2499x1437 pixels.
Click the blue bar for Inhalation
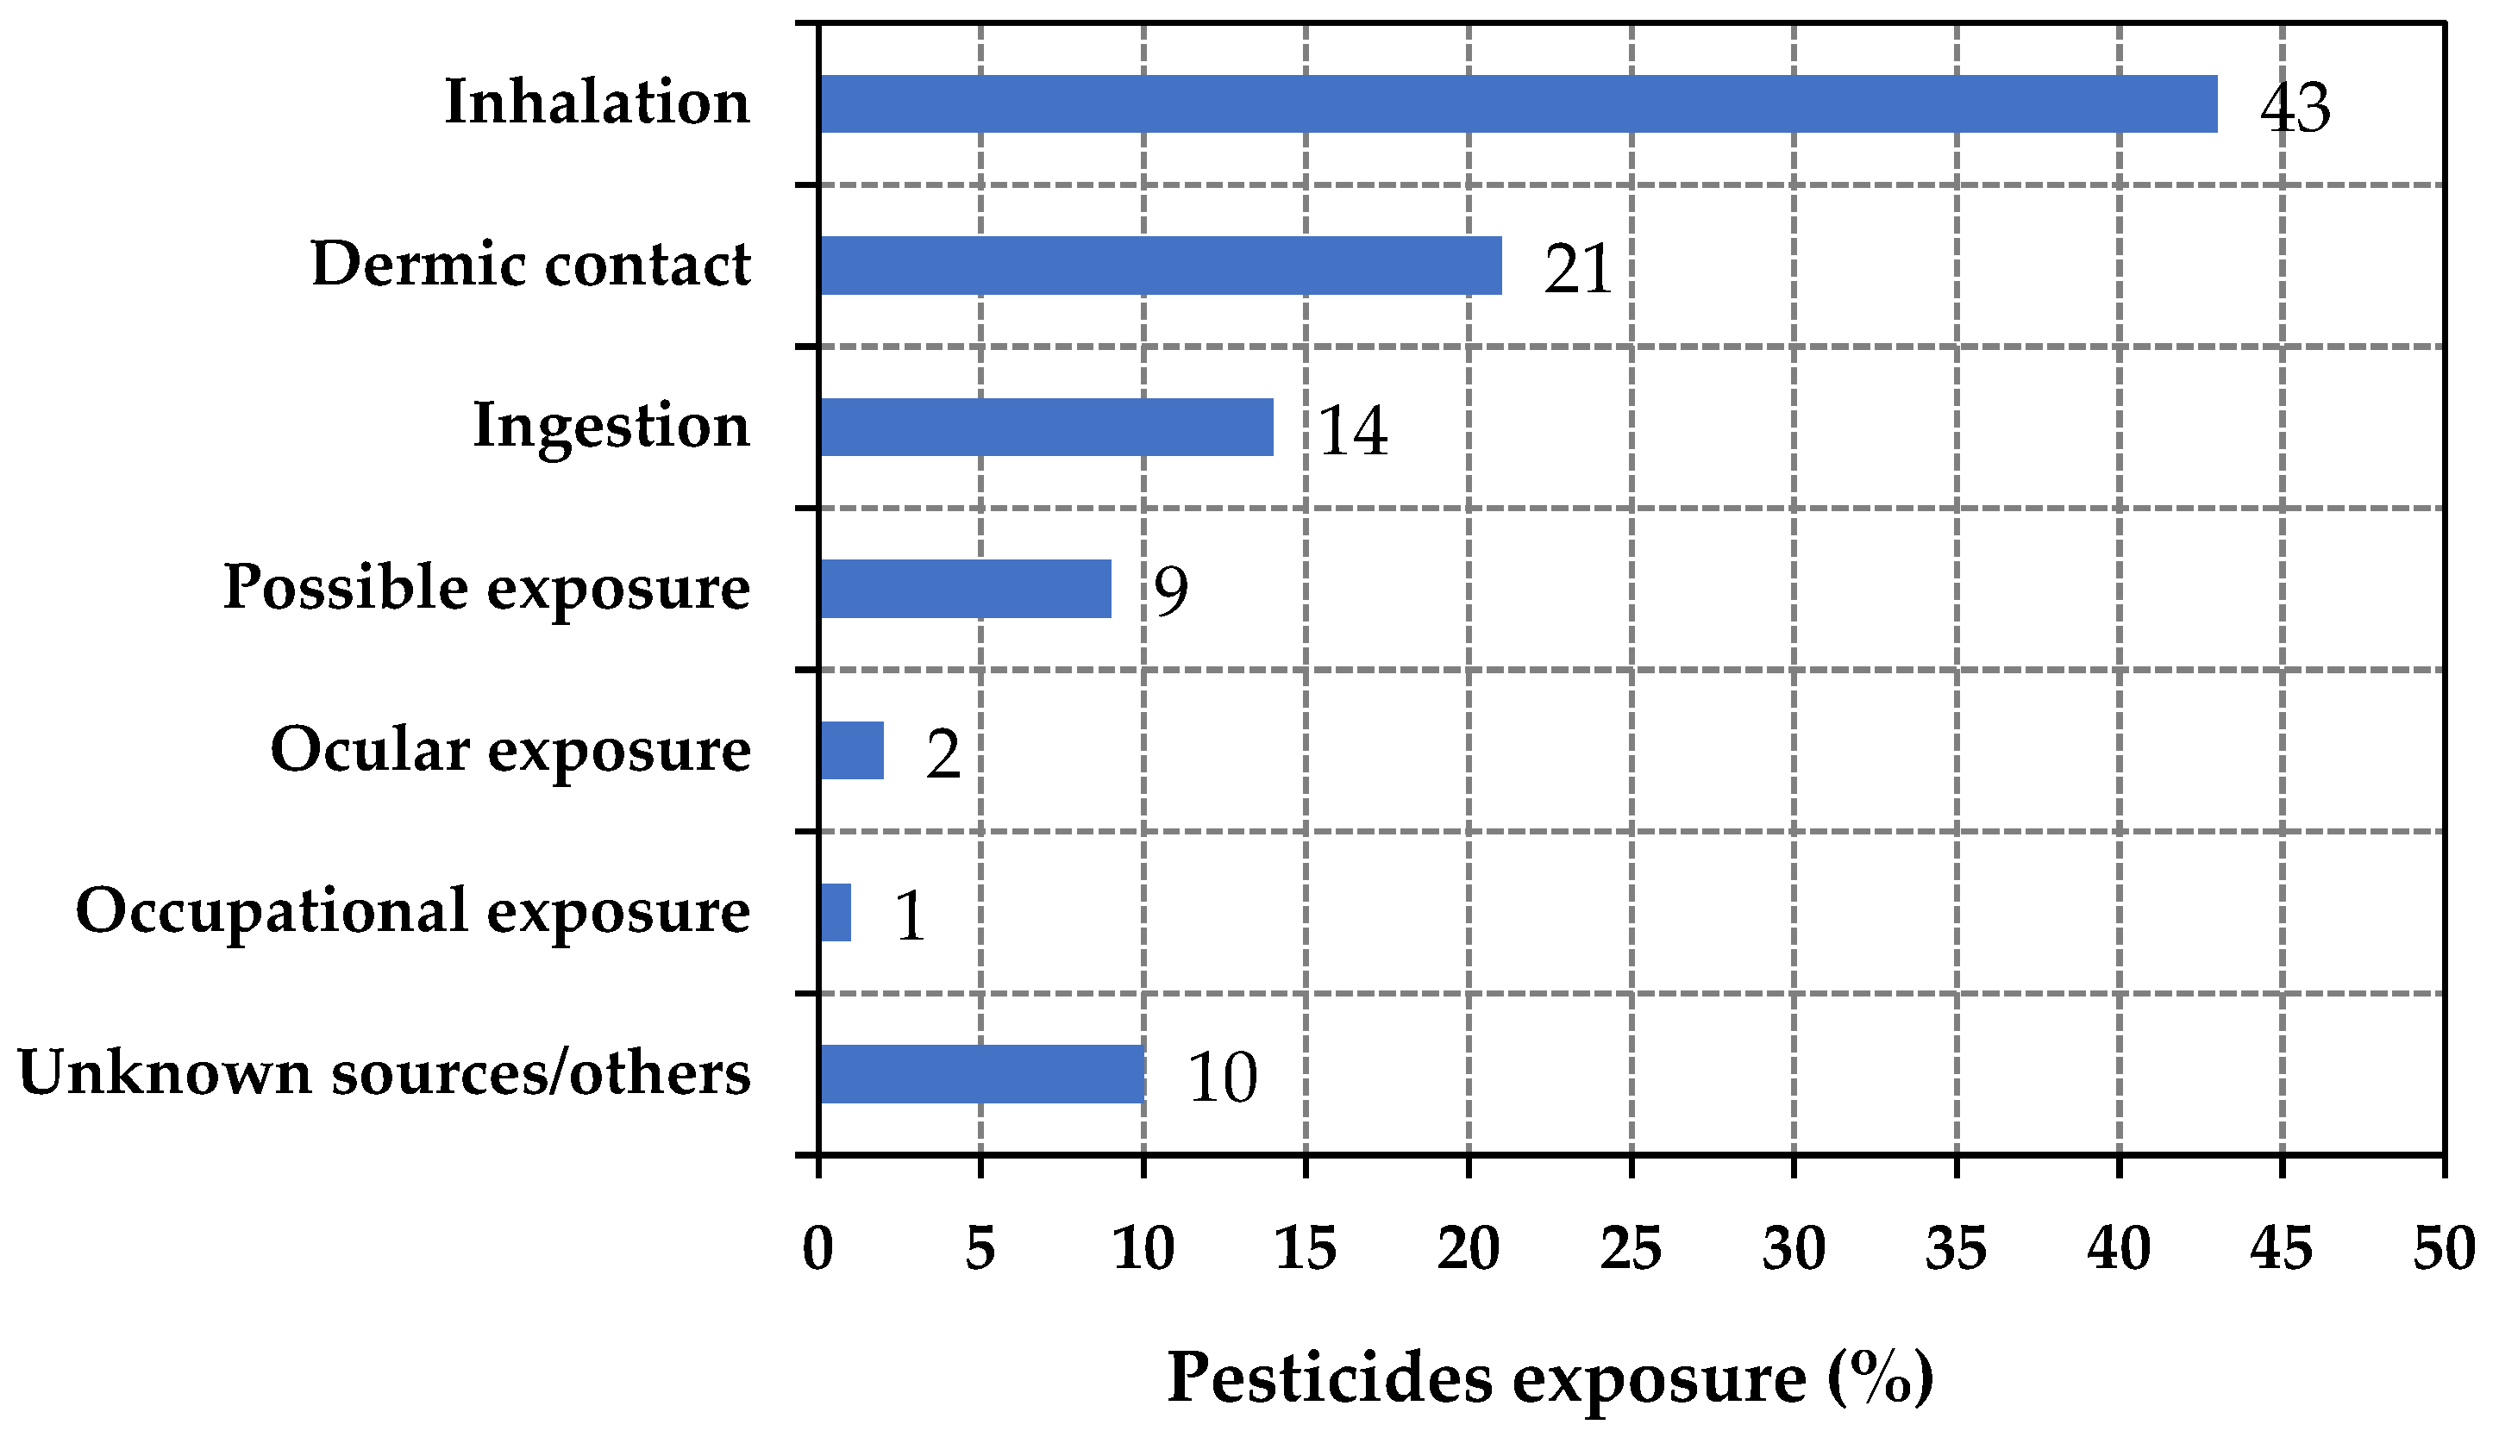point(1518,103)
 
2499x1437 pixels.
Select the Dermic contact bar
point(1161,266)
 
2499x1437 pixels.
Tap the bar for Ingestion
point(1046,428)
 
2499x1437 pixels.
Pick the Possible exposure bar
point(965,590)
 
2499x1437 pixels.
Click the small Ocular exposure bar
point(852,751)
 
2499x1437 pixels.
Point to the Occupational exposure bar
point(836,913)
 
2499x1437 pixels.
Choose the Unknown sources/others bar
point(982,1075)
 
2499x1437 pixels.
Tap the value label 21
point(1577,268)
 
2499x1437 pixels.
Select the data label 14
point(1352,430)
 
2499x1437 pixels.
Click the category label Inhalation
point(597,102)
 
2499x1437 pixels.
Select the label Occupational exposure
point(412,910)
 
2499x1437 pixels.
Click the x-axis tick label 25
point(1631,1248)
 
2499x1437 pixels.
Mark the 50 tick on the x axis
point(2444,1248)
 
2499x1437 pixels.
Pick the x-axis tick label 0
point(818,1248)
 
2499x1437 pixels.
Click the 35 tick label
point(1956,1248)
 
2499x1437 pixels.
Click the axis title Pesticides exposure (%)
point(1550,1378)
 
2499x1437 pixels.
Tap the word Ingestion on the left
point(611,427)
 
